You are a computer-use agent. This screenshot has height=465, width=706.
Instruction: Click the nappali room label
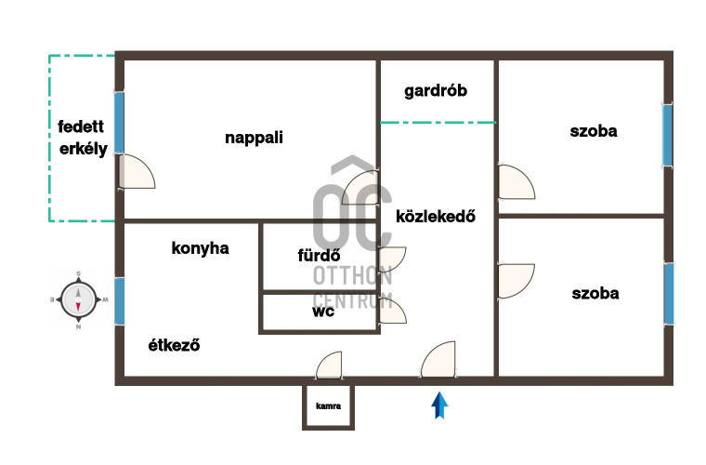point(254,138)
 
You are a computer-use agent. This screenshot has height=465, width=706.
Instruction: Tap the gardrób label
point(436,91)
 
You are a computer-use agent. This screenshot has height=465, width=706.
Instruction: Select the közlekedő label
point(436,217)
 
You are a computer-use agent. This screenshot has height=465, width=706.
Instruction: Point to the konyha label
point(201,247)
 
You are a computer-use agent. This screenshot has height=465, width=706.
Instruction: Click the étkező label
point(174,345)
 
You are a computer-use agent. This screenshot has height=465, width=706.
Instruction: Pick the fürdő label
point(319,256)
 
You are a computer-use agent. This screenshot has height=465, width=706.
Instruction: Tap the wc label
point(323,312)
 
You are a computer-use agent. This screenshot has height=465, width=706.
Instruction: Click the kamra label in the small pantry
point(328,406)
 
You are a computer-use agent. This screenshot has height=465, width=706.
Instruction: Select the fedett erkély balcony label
point(83,138)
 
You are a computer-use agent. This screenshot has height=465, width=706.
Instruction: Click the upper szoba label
point(594,131)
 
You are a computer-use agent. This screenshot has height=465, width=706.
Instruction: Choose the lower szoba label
point(595,293)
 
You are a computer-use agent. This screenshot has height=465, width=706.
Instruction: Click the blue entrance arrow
point(440,405)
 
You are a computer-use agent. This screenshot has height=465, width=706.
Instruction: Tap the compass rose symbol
point(78,299)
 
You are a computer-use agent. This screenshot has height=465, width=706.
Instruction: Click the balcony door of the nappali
point(137,172)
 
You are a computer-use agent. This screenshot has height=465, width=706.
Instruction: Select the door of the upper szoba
point(516,182)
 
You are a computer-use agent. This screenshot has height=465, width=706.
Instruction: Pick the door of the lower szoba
point(516,281)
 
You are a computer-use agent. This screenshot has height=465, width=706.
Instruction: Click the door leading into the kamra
point(329,365)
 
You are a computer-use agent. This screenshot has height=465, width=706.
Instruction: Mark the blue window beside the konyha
point(119,301)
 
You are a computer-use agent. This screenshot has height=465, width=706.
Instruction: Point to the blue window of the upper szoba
point(667,135)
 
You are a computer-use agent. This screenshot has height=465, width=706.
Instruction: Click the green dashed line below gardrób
point(438,122)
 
